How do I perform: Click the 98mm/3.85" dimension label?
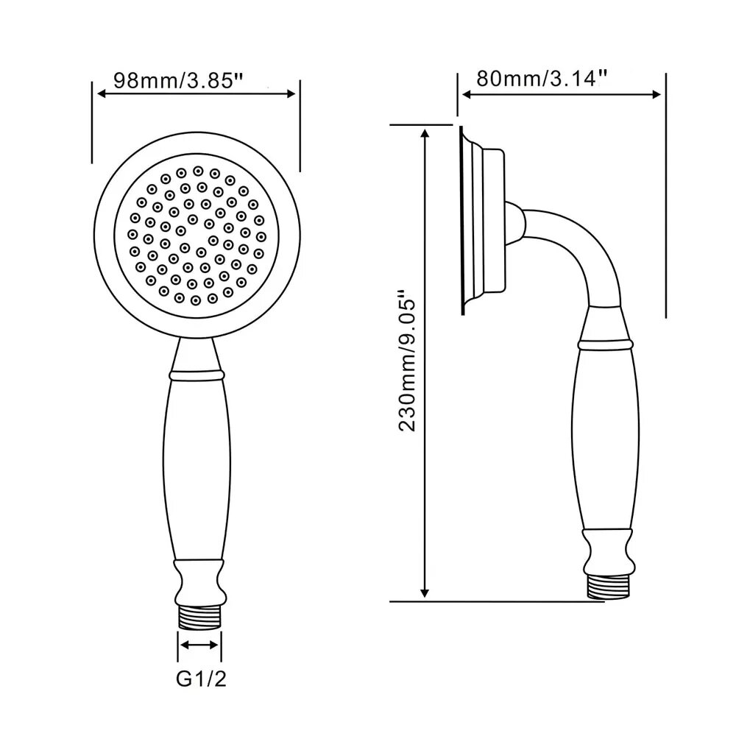178,80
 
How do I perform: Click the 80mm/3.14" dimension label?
542,79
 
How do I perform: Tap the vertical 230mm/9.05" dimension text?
406,361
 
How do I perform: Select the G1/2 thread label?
201,679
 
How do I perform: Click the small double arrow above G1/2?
199,645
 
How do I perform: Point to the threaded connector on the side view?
607,586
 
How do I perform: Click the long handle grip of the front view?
197,470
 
